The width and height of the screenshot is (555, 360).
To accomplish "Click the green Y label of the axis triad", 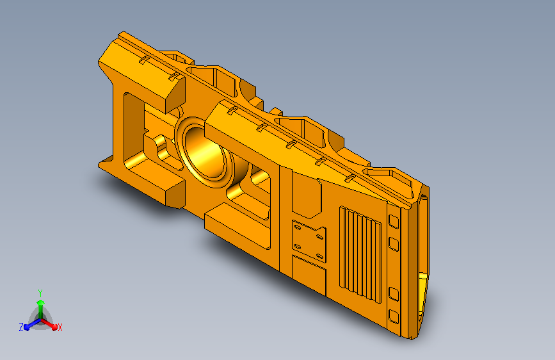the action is coord(40,293).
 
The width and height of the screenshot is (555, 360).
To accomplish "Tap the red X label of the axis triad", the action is coord(60,327).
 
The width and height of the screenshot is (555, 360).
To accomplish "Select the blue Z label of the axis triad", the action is coord(21,327).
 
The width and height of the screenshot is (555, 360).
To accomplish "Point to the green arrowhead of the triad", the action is coord(41,303).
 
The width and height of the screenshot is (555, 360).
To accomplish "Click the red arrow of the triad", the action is coord(49,324).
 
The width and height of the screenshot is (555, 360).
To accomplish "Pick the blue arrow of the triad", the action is coord(32,324).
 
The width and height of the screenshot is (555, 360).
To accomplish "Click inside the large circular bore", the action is coord(206,152).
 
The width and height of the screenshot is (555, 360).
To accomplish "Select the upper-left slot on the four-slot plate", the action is coord(298,227).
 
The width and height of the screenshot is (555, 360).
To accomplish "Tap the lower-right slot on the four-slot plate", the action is coord(319,256).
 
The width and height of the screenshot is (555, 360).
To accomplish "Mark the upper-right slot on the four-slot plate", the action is coord(319,237).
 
